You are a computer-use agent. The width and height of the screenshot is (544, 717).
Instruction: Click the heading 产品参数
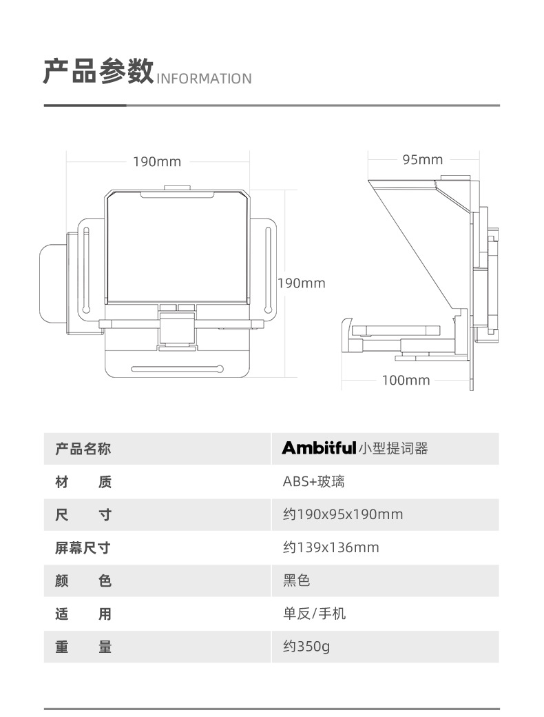98,72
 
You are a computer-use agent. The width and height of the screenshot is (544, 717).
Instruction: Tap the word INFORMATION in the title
205,79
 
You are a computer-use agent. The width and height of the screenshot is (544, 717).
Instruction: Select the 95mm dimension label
423,160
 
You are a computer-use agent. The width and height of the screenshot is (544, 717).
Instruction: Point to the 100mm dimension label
406,380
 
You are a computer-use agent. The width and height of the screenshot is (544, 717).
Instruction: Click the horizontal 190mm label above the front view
157,162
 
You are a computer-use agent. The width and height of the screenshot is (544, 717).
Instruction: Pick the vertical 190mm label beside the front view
301,283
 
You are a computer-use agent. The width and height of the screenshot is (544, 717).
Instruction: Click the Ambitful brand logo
319,449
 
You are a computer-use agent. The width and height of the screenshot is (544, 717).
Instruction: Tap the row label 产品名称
83,450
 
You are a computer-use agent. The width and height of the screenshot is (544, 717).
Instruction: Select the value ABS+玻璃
314,482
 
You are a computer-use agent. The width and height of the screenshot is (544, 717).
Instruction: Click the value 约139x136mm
331,547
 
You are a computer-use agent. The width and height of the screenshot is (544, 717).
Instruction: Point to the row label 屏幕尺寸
83,548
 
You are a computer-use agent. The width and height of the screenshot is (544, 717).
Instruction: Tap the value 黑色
297,580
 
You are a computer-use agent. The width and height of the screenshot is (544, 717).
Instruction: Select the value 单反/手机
315,614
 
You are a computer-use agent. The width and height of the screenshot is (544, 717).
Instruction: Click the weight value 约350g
306,647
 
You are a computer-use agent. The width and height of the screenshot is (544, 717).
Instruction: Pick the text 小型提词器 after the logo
393,449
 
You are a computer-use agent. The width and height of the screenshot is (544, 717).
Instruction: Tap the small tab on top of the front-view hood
178,188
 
